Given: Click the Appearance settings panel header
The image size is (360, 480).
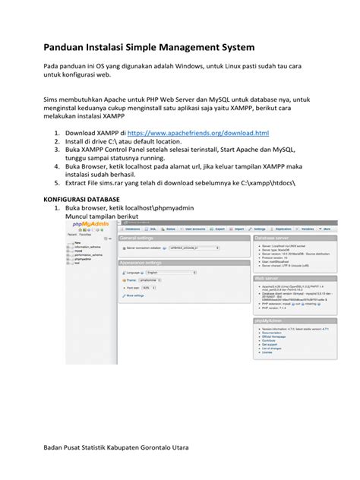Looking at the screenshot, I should tap(146, 263).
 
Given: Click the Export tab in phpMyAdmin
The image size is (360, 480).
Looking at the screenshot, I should tap(219, 228).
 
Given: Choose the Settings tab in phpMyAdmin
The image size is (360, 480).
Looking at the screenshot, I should tap(259, 228).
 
